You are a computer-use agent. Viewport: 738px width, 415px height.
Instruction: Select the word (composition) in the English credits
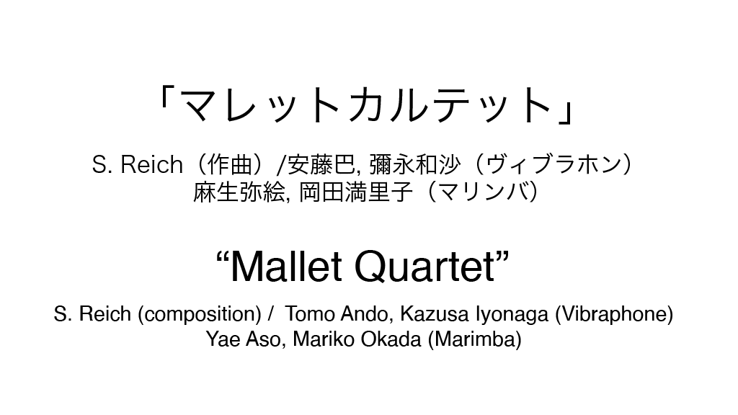pyautogui.click(x=200, y=314)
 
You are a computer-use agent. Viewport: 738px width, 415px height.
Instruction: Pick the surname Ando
pyautogui.click(x=367, y=314)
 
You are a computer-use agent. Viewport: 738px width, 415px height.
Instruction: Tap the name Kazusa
pyautogui.click(x=435, y=314)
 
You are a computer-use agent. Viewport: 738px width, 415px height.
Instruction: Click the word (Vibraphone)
pyautogui.click(x=614, y=314)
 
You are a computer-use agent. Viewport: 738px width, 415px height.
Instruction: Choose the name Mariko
pyautogui.click(x=324, y=339)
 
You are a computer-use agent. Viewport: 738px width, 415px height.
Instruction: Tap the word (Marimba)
pyautogui.click(x=474, y=339)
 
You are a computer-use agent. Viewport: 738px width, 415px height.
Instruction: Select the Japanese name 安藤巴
pyautogui.click(x=321, y=165)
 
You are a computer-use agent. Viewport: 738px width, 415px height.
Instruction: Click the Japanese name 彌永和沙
pyautogui.click(x=414, y=165)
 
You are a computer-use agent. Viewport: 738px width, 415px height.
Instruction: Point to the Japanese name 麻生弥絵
pyautogui.click(x=239, y=192)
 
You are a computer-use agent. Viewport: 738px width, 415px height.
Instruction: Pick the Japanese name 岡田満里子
pyautogui.click(x=356, y=192)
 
